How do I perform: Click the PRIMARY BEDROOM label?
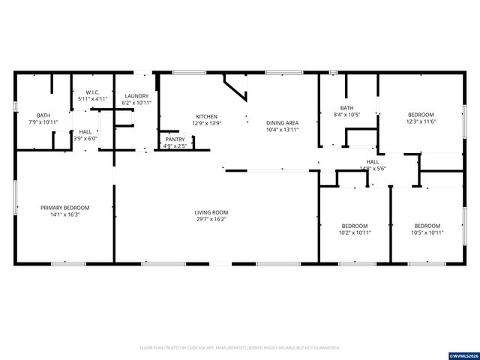tap(64, 208)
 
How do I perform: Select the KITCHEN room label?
tap(206, 117)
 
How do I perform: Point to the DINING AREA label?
tap(283, 123)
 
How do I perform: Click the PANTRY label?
tap(174, 139)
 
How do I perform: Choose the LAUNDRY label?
tap(136, 96)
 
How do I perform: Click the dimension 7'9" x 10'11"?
tap(43, 121)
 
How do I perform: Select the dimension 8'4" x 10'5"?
tap(346, 115)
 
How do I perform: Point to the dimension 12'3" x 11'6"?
tap(421, 121)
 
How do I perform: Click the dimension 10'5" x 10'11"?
tap(427, 232)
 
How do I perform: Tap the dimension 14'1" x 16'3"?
tap(64, 214)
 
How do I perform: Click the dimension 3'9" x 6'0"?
tap(85, 139)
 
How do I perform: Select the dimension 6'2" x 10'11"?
tap(136, 103)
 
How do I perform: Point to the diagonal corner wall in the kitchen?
tap(237, 88)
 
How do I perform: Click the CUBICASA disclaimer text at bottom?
tap(240, 348)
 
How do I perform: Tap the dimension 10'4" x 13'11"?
tap(283, 130)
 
